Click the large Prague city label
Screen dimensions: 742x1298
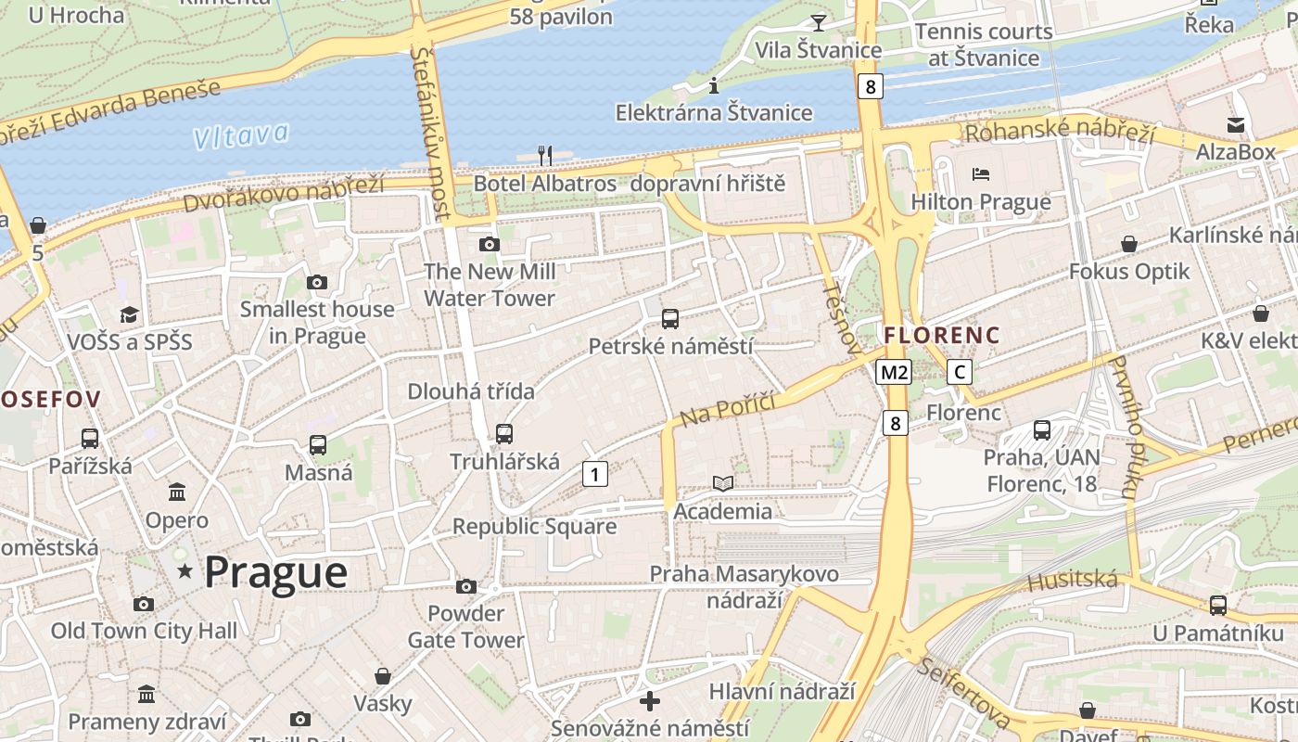click(275, 571)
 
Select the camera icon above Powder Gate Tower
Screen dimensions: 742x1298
click(466, 586)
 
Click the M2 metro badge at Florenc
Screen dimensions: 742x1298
click(894, 372)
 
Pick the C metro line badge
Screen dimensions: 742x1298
click(960, 372)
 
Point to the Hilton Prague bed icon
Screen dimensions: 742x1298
click(981, 174)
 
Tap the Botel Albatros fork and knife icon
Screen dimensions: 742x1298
click(545, 155)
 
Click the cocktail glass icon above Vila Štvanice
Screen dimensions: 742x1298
click(818, 22)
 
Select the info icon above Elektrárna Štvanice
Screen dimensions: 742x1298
click(714, 86)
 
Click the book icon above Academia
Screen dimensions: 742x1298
click(723, 483)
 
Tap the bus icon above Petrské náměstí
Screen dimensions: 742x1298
click(670, 319)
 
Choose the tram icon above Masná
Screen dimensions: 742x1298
click(318, 445)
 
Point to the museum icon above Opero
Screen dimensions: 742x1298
click(177, 493)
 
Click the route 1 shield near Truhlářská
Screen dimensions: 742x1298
click(594, 474)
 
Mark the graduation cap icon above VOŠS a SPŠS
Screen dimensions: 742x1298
click(129, 314)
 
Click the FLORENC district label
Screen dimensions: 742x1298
click(942, 335)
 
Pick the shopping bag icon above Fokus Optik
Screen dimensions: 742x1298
click(1129, 244)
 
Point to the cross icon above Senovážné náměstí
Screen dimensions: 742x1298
click(650, 700)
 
